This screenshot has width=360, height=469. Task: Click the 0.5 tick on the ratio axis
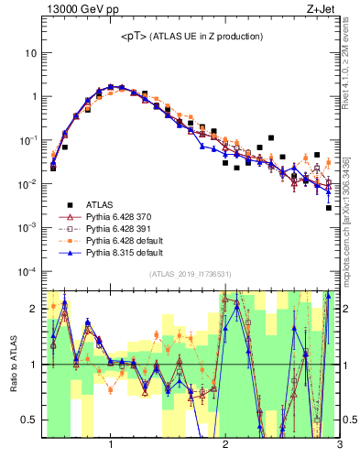click(x=29, y=420)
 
